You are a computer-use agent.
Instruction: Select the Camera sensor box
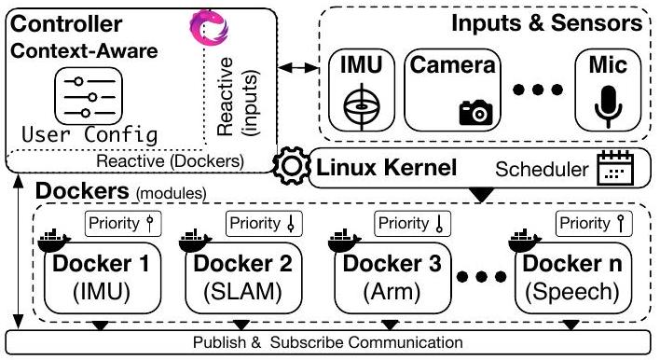[x=451, y=91]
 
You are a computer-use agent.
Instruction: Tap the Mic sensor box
[x=608, y=91]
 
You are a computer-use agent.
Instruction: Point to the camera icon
[x=475, y=112]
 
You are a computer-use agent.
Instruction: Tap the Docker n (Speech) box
[x=571, y=276]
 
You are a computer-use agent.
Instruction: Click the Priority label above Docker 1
[x=117, y=223]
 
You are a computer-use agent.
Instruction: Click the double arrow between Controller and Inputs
[x=296, y=67]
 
